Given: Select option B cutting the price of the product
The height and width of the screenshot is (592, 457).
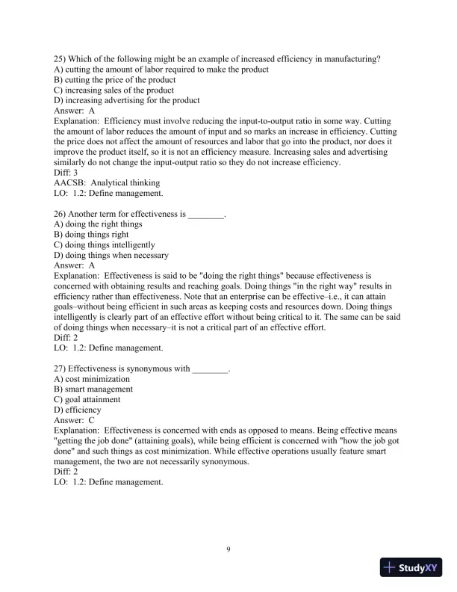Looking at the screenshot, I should click(115, 79).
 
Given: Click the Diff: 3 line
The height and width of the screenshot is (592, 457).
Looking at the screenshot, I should click(68, 173).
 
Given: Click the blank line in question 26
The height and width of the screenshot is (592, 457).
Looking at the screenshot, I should click(205, 215).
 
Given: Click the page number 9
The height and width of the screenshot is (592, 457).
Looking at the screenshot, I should click(228, 551).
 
